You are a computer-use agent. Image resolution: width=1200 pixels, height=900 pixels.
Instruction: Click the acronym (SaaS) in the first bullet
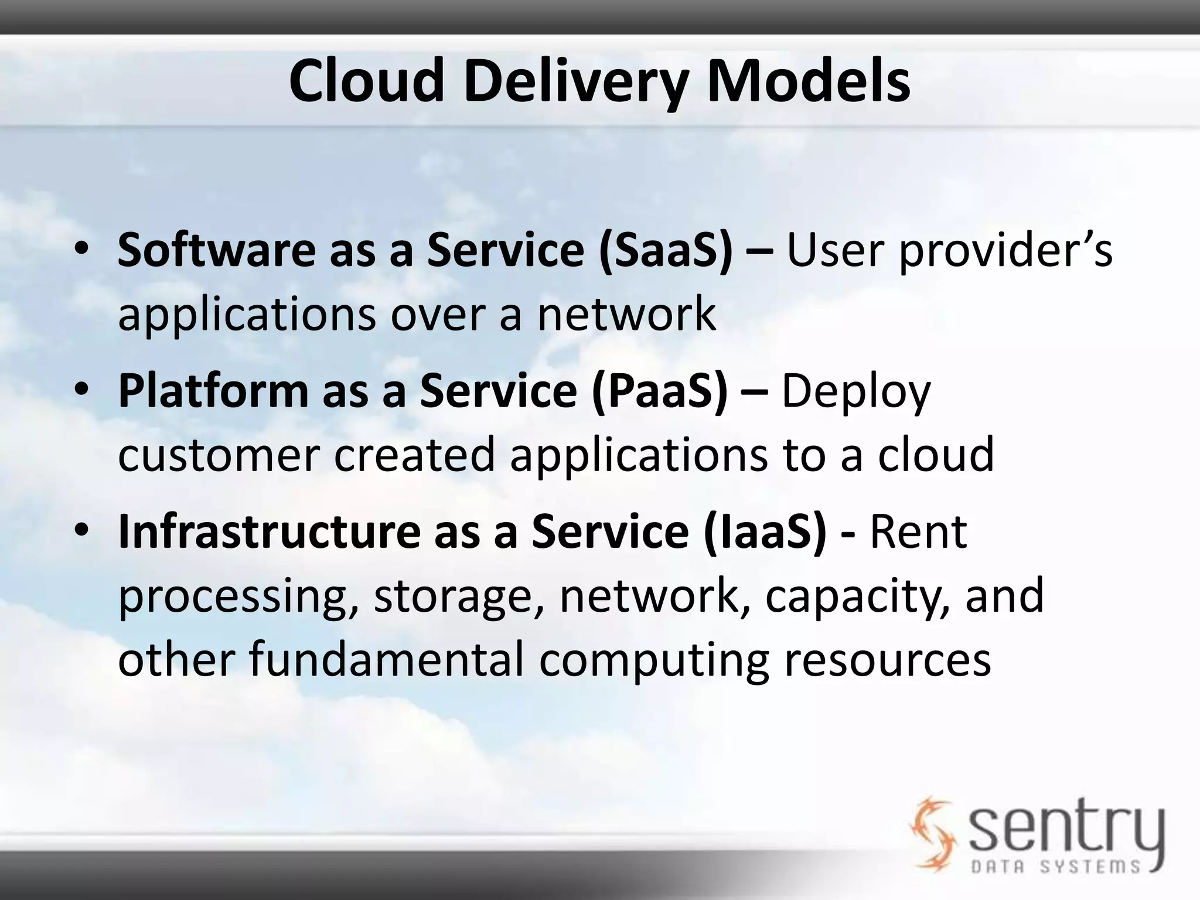pyautogui.click(x=666, y=250)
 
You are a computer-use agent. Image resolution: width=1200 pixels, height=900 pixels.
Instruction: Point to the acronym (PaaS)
pyautogui.click(x=659, y=391)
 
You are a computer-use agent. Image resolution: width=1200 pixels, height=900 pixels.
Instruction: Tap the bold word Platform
pyautogui.click(x=213, y=391)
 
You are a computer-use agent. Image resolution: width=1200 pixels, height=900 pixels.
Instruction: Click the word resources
pyautogui.click(x=887, y=660)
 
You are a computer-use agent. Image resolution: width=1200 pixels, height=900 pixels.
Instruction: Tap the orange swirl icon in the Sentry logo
pyautogui.click(x=932, y=832)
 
